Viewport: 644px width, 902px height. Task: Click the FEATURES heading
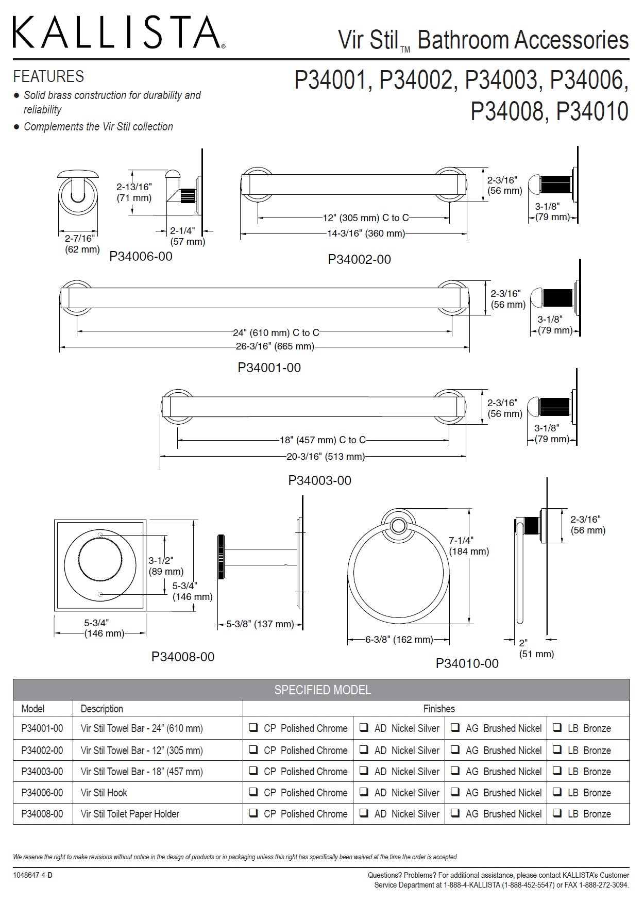click(x=48, y=76)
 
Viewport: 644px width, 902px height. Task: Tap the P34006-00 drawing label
click(x=141, y=256)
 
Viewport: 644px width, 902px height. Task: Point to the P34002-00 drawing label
click(x=359, y=259)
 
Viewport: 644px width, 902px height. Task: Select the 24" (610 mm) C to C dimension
click(x=276, y=332)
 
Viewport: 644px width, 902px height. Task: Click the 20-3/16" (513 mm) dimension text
click(x=325, y=456)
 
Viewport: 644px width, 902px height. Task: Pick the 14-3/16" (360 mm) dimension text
click(x=366, y=233)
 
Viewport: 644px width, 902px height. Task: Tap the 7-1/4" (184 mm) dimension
click(x=468, y=546)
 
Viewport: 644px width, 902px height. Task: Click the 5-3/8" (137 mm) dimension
click(x=260, y=624)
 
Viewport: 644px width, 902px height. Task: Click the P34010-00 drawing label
click(x=467, y=663)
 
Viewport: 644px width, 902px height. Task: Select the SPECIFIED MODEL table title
click(x=322, y=690)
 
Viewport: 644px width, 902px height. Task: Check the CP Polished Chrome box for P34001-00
click(x=254, y=728)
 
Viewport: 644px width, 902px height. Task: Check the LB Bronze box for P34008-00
click(x=557, y=813)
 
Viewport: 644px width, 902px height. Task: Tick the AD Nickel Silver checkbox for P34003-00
click(x=364, y=771)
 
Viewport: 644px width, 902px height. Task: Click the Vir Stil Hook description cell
click(x=104, y=793)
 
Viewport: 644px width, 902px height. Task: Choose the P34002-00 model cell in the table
click(x=42, y=750)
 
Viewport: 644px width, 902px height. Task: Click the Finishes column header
click(x=438, y=709)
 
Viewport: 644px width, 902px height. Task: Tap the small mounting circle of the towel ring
click(x=397, y=526)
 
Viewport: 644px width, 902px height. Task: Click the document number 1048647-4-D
click(x=33, y=875)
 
